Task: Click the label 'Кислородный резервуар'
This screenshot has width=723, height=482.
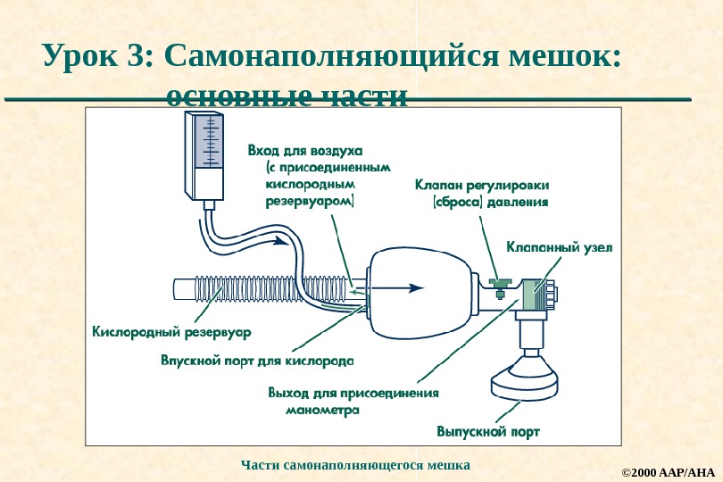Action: (x=172, y=331)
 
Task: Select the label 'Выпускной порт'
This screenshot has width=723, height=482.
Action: (x=487, y=432)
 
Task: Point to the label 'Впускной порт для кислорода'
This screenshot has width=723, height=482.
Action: (x=257, y=361)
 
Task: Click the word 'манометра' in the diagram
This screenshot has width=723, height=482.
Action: (x=322, y=411)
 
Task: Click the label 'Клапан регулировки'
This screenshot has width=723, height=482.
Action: (x=482, y=186)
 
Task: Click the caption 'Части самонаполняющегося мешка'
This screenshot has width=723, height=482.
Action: (x=355, y=465)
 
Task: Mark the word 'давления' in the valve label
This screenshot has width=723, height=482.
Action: (x=519, y=202)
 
